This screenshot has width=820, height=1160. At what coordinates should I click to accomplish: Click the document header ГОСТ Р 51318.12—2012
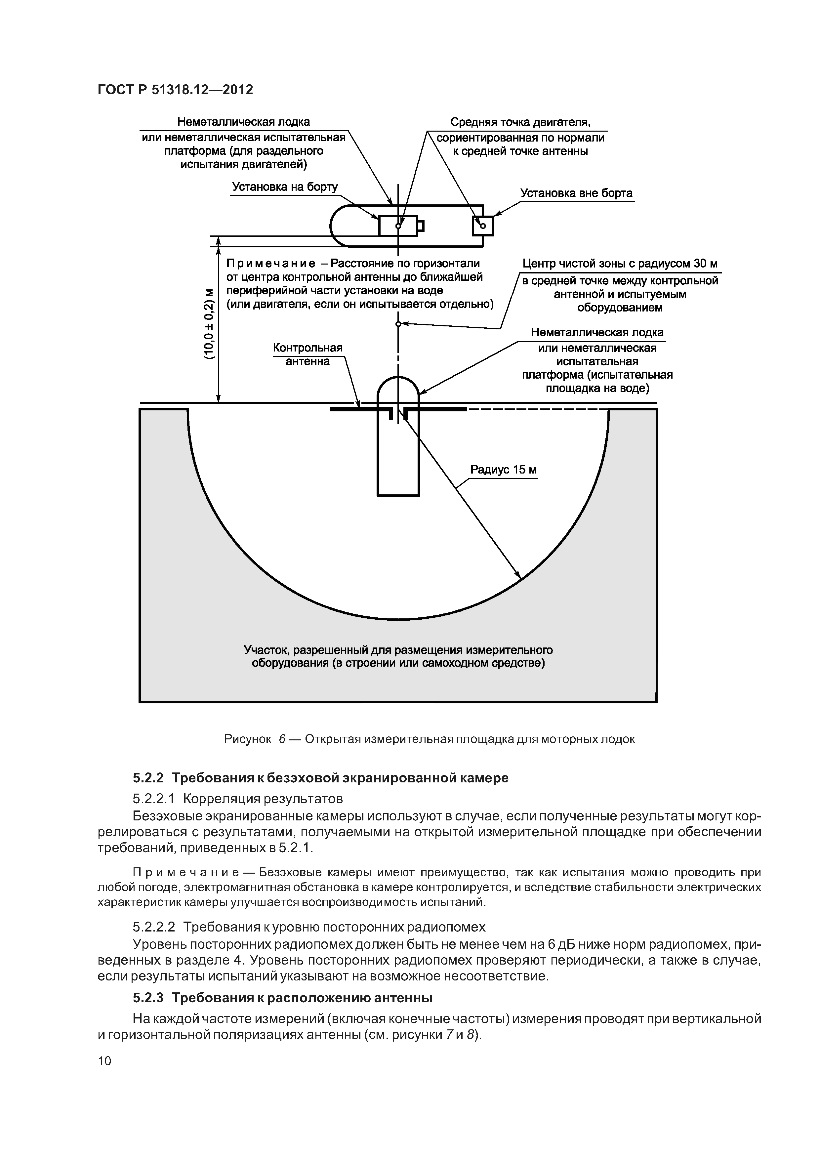point(175,90)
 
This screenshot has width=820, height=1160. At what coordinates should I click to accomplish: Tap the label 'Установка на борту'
point(284,187)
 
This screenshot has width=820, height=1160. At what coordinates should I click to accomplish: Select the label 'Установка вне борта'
point(576,193)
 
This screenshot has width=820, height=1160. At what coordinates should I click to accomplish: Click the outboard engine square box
point(482,226)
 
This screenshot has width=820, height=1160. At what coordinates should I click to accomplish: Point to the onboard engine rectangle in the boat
point(398,226)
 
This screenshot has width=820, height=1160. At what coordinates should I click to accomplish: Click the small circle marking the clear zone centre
point(398,324)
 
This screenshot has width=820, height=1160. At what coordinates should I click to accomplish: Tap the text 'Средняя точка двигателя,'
point(520,122)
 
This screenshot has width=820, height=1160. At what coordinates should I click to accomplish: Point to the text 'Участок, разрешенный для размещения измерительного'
point(398,649)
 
